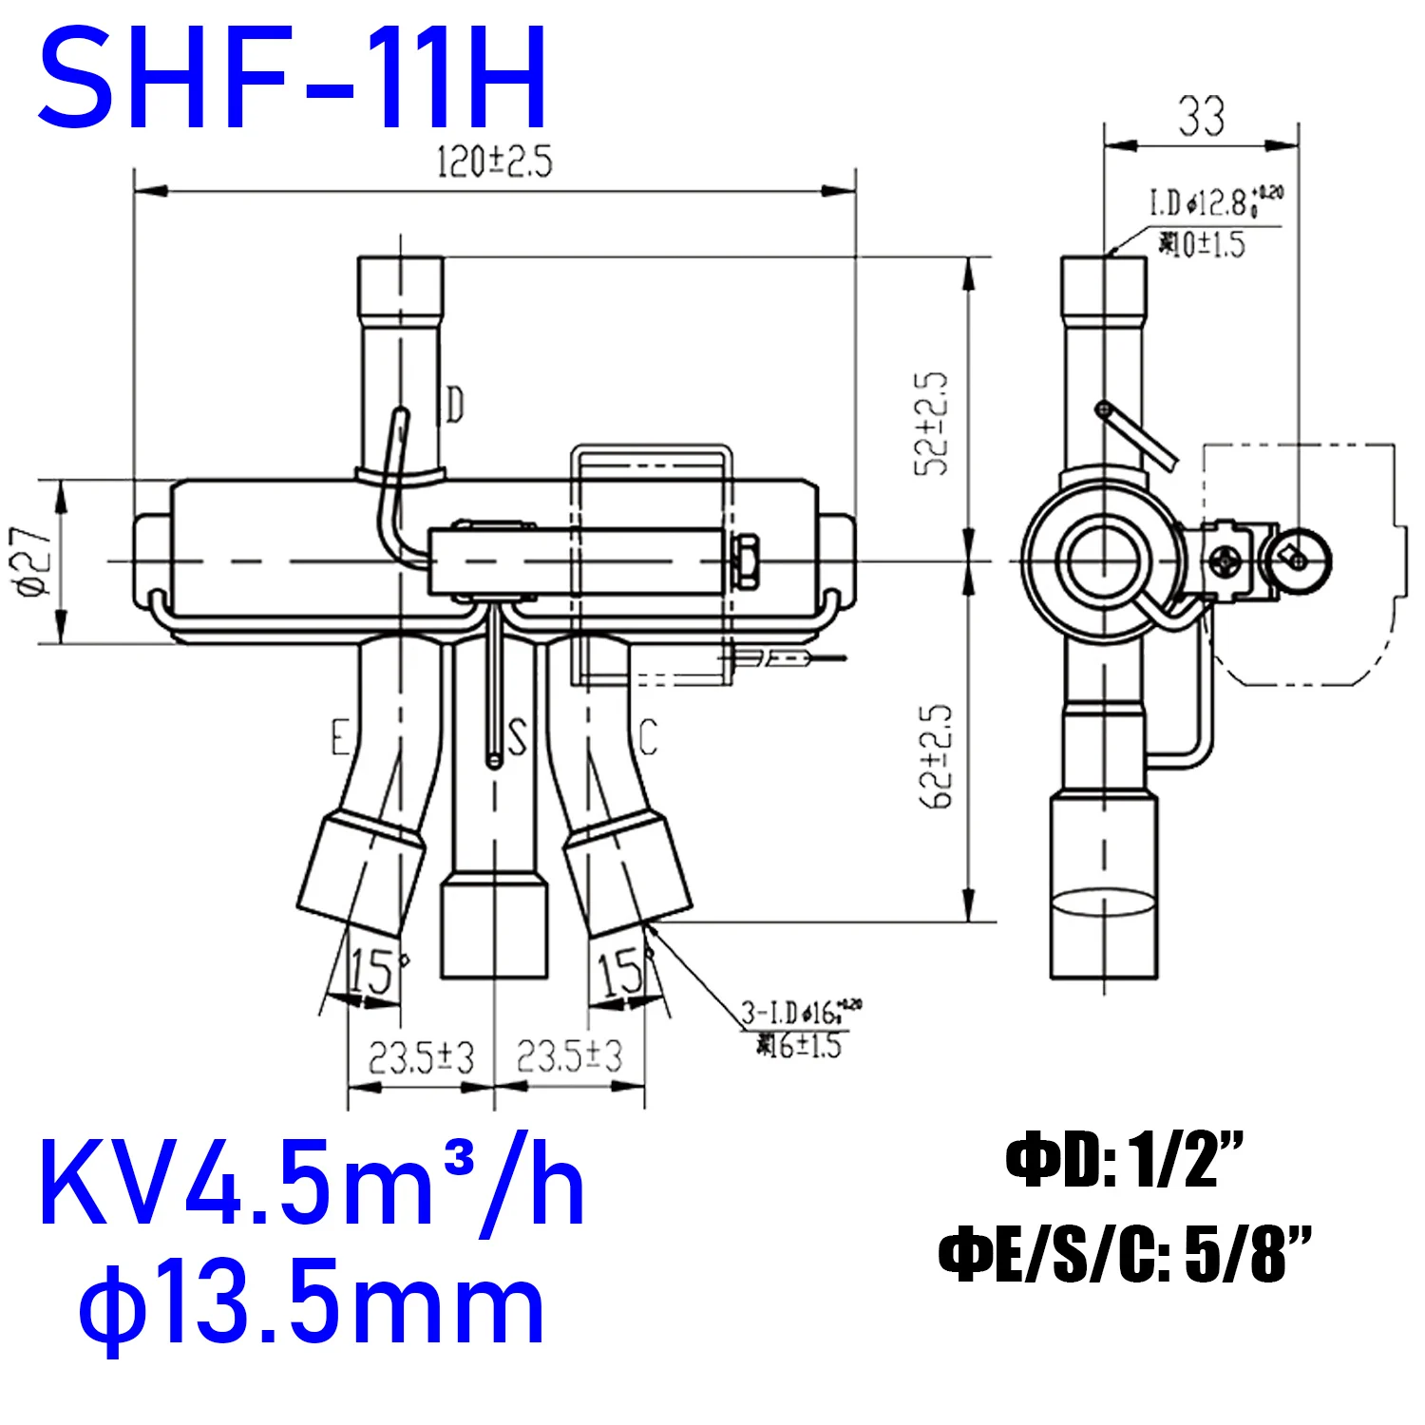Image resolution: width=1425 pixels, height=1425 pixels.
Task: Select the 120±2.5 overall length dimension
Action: (494, 162)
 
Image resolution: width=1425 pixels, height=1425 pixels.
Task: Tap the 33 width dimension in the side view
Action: (1202, 117)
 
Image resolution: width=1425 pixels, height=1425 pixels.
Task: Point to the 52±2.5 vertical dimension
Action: (932, 424)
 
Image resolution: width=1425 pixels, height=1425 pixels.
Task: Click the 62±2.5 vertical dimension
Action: (935, 756)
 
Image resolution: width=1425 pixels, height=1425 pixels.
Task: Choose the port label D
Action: (455, 406)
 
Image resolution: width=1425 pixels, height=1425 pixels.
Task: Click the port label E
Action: (340, 737)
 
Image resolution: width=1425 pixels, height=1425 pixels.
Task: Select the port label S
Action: (517, 737)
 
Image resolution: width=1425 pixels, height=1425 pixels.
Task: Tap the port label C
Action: (648, 737)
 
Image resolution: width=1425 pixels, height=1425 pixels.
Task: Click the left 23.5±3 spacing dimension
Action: (421, 1056)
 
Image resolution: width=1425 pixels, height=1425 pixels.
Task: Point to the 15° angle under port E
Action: (373, 971)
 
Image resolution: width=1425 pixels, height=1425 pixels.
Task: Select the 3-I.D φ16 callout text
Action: (800, 1013)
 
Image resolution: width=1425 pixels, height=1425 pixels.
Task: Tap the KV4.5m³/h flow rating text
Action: (311, 1187)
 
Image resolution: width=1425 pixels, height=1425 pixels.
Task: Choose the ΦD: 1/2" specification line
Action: (1125, 1161)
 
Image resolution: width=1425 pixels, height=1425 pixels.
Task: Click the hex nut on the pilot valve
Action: (746, 560)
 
